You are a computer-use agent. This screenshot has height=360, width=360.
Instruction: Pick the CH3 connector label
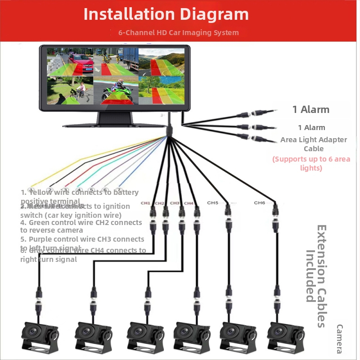(175, 203)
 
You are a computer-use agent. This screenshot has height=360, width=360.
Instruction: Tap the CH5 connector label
(213, 203)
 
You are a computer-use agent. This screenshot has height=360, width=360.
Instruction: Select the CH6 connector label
(260, 203)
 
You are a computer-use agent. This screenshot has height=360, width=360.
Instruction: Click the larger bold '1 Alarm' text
(310, 109)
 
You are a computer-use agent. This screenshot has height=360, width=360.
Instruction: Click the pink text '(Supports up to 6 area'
(311, 159)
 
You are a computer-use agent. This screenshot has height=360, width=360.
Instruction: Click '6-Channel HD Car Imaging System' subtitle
(178, 32)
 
